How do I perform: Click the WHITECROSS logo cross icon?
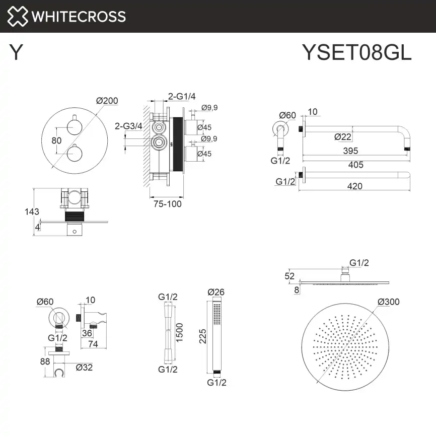[x=18, y=17]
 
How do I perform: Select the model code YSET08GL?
[x=356, y=52]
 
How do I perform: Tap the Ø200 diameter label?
[x=107, y=101]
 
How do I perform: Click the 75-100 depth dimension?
[x=168, y=204]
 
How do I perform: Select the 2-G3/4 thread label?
[x=128, y=126]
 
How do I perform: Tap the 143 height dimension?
[x=32, y=212]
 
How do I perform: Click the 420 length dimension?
[x=354, y=186]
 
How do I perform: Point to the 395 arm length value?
[x=350, y=151]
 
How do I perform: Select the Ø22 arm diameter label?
[x=342, y=136]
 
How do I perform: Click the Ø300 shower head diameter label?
[x=388, y=302]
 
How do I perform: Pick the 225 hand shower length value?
[x=202, y=336]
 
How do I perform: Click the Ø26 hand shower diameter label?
[x=215, y=292]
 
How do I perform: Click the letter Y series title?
[x=16, y=52]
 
